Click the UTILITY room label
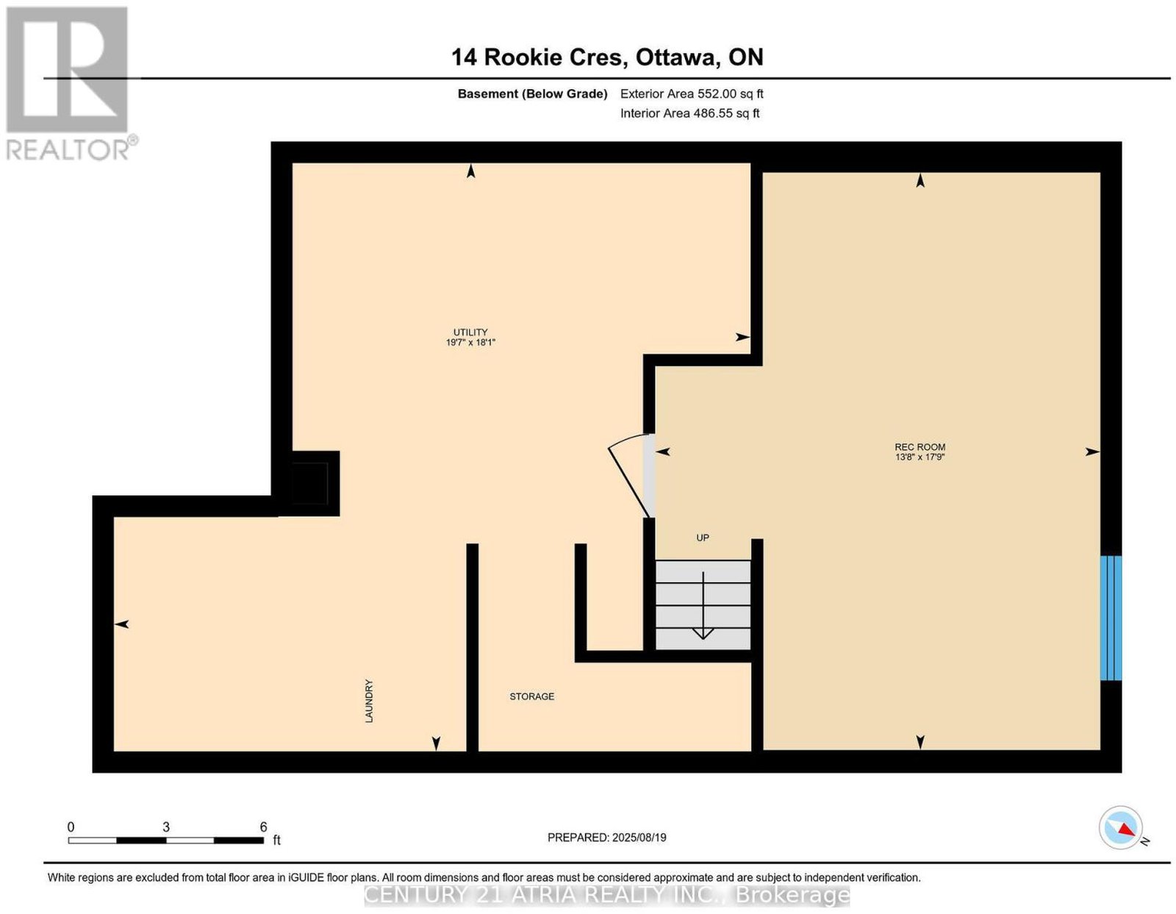[470, 332]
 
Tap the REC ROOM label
[919, 447]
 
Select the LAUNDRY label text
[369, 701]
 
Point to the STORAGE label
[531, 696]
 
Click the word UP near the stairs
[702, 538]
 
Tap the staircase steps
[703, 604]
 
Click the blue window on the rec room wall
[1111, 618]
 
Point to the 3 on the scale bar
[165, 827]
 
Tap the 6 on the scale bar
[263, 827]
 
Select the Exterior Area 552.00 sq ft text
[691, 93]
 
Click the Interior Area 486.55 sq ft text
[689, 113]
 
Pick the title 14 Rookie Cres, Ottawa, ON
[606, 57]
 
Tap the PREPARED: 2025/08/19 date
[606, 837]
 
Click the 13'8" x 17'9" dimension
[919, 457]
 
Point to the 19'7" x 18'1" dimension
[470, 343]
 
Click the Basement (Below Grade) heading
[532, 93]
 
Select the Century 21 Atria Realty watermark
[606, 895]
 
